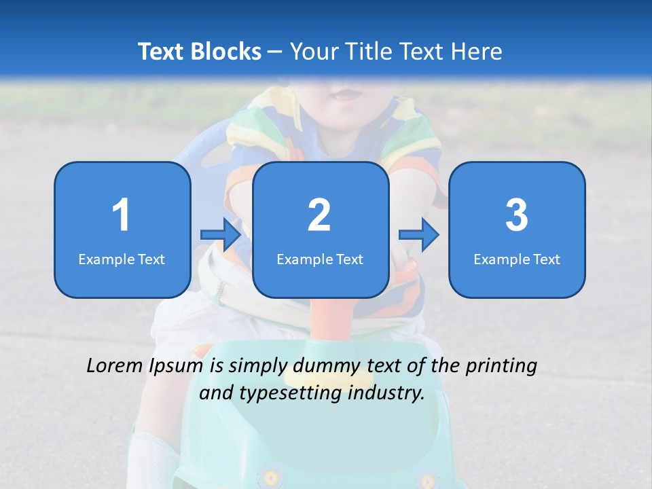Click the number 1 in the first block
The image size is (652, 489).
(x=121, y=215)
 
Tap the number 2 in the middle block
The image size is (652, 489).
(x=319, y=215)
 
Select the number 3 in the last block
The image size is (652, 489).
(x=516, y=215)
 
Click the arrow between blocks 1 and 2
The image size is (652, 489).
(x=221, y=235)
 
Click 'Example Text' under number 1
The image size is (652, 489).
(x=122, y=259)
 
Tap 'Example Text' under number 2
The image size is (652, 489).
(x=320, y=259)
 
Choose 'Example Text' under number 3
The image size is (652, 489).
(x=517, y=259)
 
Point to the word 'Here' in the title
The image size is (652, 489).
(x=478, y=52)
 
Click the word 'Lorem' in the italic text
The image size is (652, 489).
(x=115, y=366)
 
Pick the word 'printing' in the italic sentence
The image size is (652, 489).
(x=501, y=367)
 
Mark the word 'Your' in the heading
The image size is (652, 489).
(x=314, y=52)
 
